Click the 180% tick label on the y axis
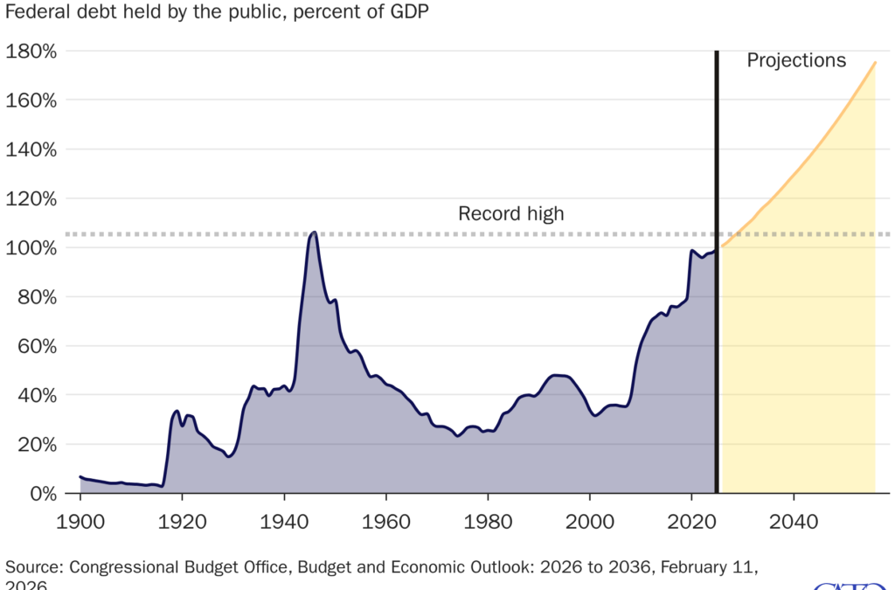click(31, 51)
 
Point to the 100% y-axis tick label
click(31, 247)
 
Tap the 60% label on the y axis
click(36, 345)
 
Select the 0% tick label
click(41, 493)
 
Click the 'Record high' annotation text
click(511, 213)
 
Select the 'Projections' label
click(796, 60)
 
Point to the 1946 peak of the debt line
click(314, 232)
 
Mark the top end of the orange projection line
click(875, 62)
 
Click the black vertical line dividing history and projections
click(717, 262)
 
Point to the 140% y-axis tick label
click(31, 149)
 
